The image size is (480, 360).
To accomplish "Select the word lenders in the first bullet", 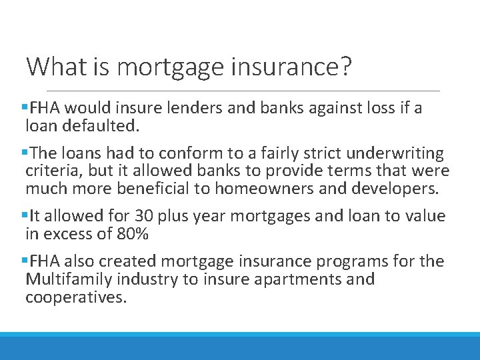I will pyautogui.click(x=167, y=108).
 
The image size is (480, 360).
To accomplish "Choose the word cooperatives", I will pyautogui.click(x=75, y=297).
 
